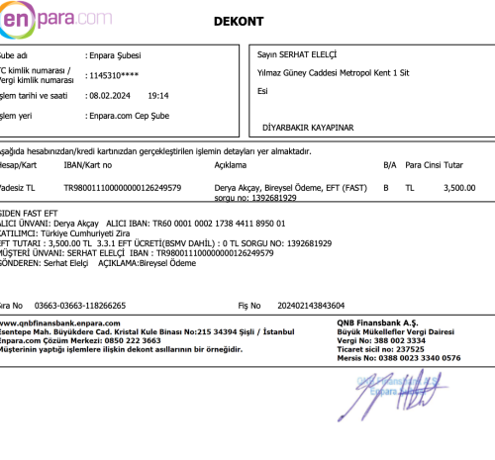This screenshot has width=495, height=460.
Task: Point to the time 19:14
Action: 157,96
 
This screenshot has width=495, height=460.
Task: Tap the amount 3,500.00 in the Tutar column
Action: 460,186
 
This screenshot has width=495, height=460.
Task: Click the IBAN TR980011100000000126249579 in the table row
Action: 122,186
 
